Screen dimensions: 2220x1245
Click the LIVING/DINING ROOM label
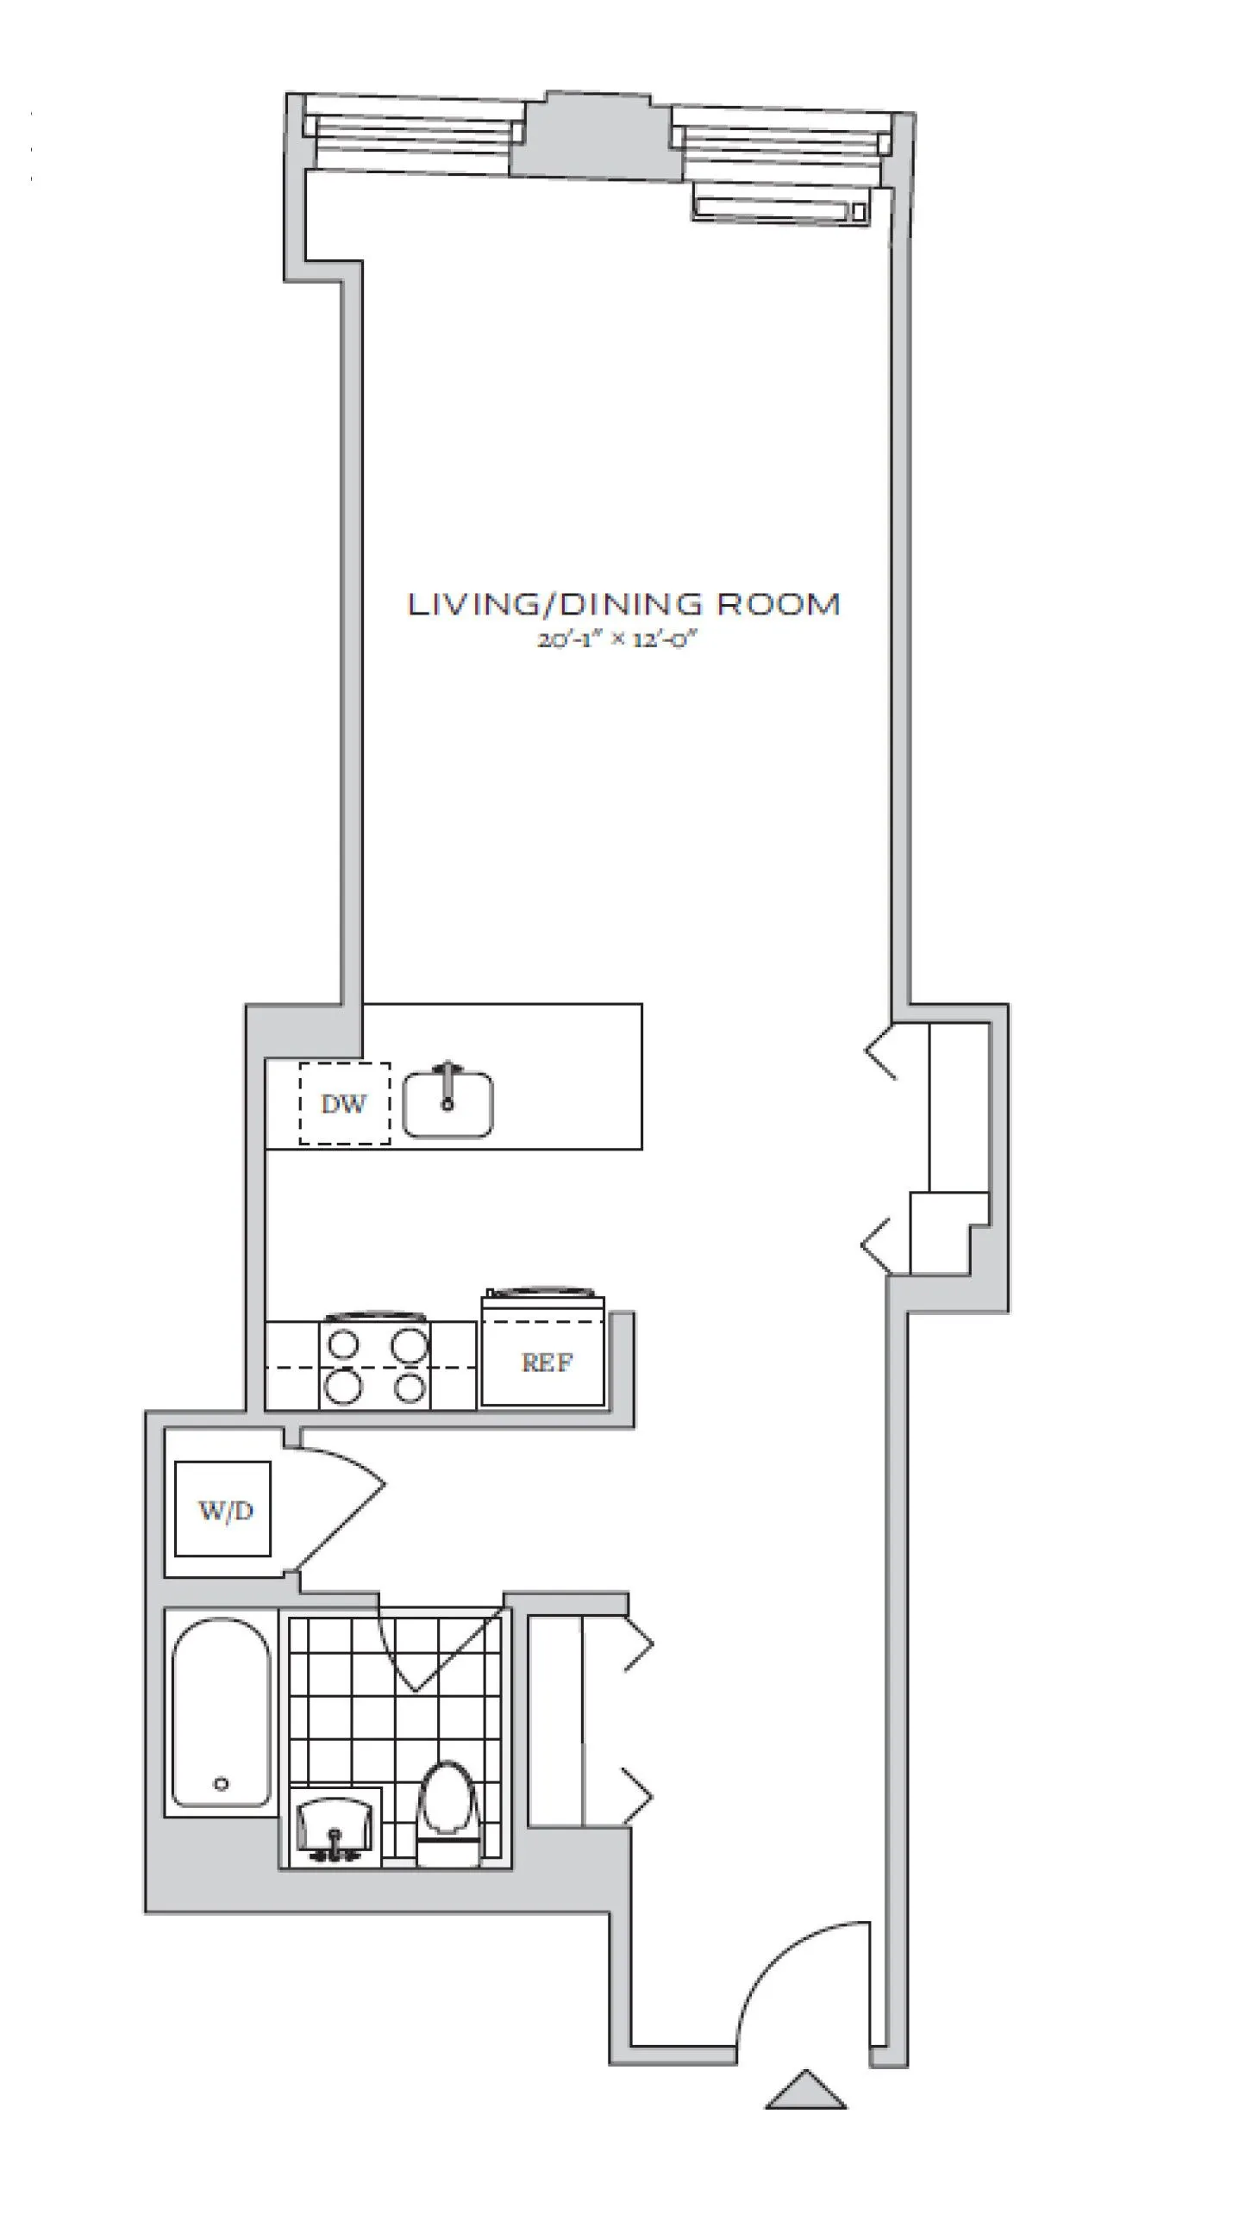click(622, 604)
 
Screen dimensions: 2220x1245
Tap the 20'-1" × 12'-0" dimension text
click(616, 640)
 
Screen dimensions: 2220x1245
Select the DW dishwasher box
click(344, 1104)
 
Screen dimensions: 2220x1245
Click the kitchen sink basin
click(448, 1106)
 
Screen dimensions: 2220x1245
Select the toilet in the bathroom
click(447, 1810)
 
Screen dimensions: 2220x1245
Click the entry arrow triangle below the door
click(806, 2091)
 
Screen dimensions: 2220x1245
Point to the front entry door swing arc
click(793, 1982)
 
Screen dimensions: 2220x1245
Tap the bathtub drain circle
click(222, 1784)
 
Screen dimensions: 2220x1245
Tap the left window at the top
click(414, 134)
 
